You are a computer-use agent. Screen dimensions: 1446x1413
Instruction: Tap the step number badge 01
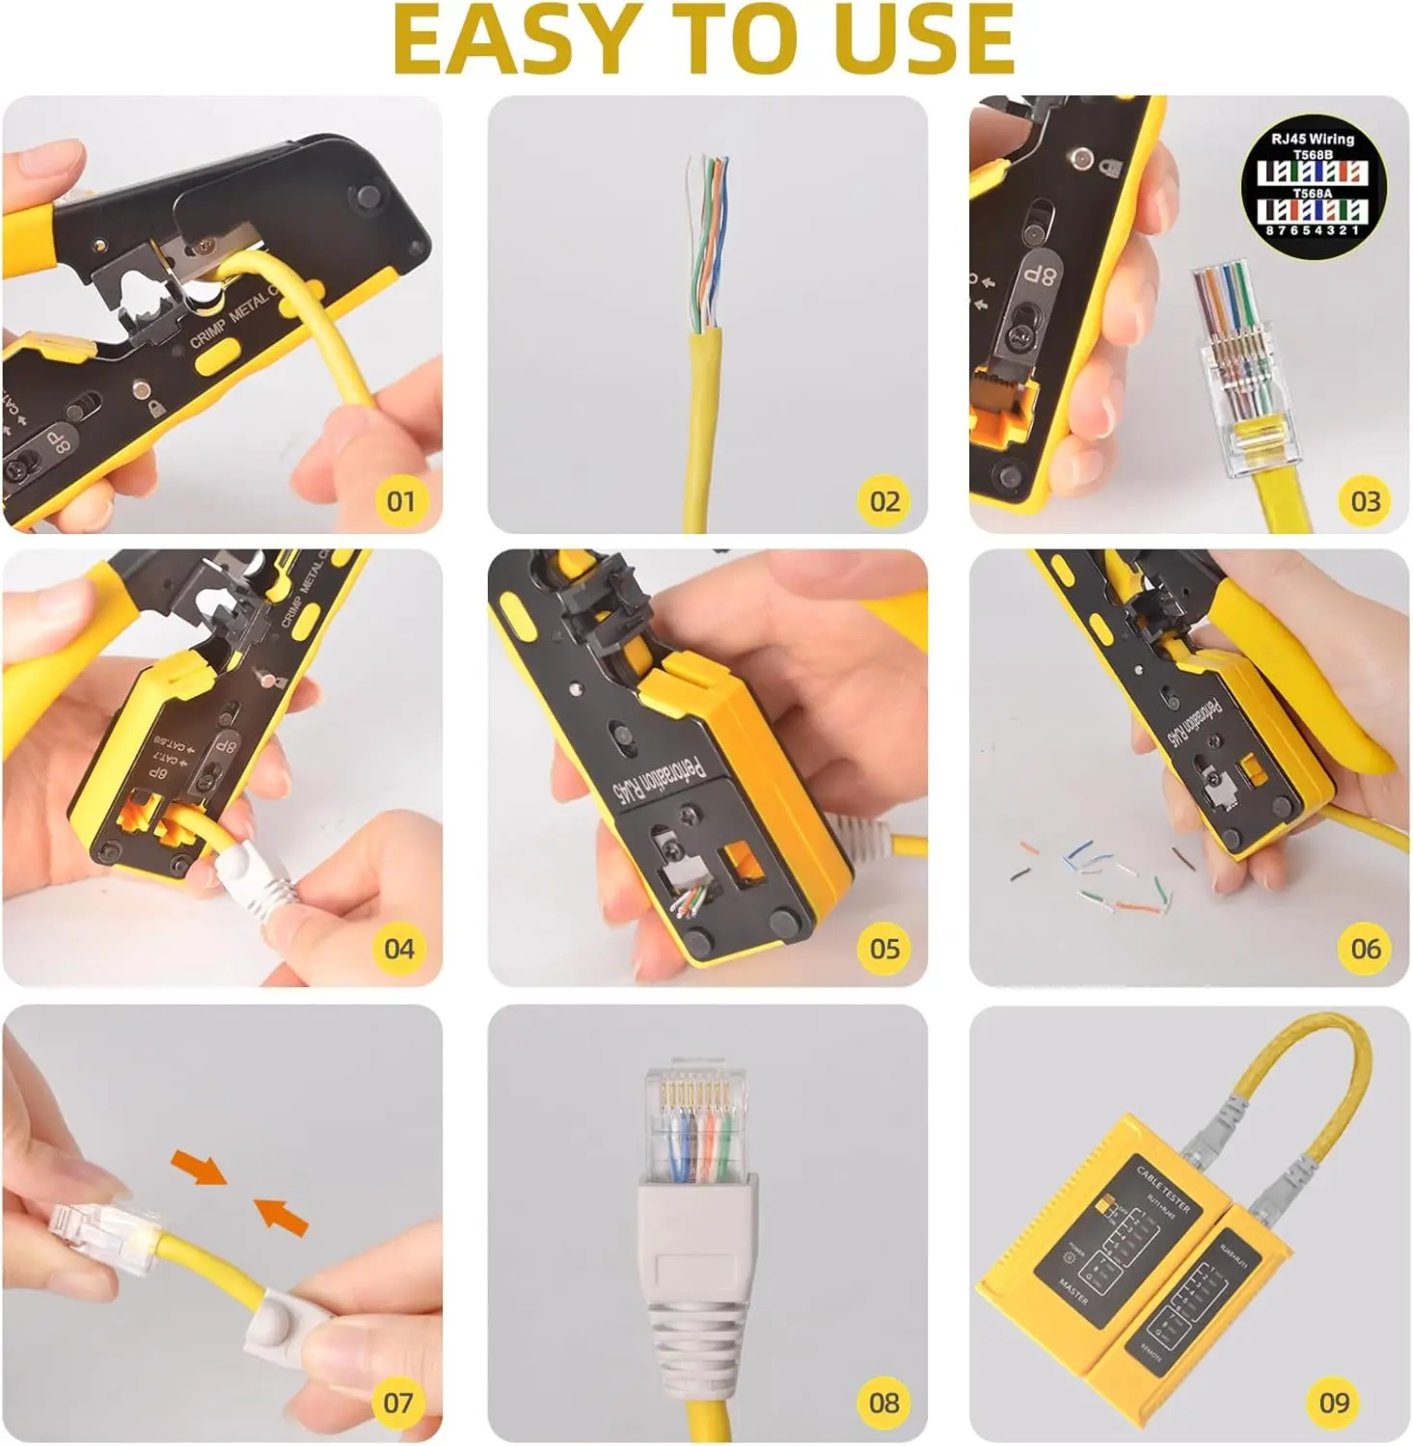coord(400,501)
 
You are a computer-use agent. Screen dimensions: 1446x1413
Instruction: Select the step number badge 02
coord(884,501)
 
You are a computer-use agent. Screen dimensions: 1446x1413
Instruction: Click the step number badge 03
coord(1365,501)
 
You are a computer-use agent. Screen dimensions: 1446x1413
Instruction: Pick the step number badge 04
coord(399,949)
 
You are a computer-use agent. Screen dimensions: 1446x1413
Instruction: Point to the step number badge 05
coord(884,949)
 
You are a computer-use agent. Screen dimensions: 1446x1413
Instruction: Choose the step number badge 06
coord(1365,949)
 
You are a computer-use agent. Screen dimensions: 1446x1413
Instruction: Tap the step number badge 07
coord(398,1403)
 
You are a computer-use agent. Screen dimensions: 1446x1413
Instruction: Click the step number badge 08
coord(884,1403)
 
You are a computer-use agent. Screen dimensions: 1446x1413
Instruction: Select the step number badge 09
coord(1334,1403)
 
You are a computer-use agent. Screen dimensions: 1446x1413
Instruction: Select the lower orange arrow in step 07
coord(281,1216)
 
